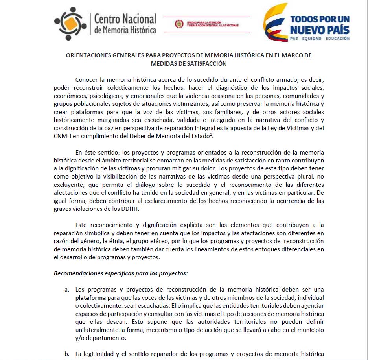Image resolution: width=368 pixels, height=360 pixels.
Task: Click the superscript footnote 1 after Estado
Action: coord(212,134)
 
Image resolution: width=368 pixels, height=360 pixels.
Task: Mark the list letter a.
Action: coord(67,290)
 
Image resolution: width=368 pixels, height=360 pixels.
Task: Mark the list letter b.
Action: coord(67,354)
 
